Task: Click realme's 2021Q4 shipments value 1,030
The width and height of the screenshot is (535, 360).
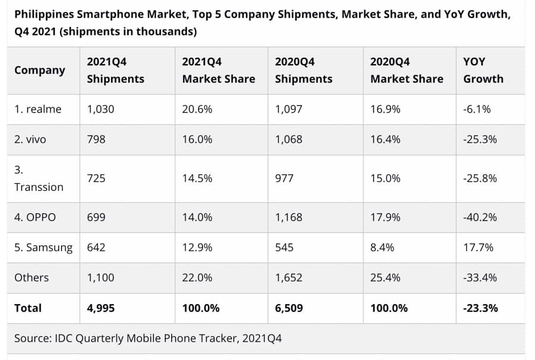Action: [100, 109]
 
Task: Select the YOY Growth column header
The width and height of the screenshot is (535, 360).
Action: [483, 70]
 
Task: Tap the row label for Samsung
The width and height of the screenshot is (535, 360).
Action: [43, 247]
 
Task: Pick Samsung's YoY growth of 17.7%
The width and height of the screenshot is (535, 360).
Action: [478, 247]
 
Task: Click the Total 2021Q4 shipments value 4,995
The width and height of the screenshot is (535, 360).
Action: [100, 308]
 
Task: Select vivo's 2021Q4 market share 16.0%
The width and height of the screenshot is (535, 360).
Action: [197, 140]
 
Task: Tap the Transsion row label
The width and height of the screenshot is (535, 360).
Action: [39, 178]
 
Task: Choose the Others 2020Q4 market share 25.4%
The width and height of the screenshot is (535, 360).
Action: [385, 277]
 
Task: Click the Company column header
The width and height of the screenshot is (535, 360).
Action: [40, 70]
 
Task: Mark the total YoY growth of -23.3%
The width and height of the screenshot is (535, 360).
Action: [480, 308]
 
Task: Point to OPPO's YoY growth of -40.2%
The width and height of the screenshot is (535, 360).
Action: [480, 217]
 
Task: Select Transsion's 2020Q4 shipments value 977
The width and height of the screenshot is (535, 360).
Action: [284, 178]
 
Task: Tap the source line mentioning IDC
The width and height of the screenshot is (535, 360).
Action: [148, 339]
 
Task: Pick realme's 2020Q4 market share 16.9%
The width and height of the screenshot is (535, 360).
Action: [385, 109]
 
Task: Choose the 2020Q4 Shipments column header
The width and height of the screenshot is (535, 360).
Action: [304, 70]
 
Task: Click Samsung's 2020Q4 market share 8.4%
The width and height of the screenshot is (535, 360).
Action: [382, 247]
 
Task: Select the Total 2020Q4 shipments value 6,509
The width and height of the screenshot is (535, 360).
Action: [289, 308]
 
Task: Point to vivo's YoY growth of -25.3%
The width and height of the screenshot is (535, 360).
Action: [480, 140]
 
